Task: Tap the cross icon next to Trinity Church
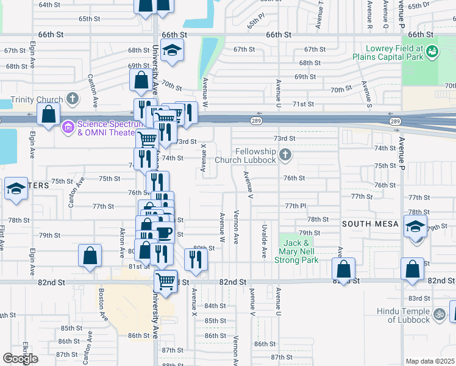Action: coord(73,99)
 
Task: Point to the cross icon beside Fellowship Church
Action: coord(285,156)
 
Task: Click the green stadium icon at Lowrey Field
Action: coord(432,52)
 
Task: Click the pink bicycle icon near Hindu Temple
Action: coord(440,315)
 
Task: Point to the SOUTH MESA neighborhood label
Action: coord(370,224)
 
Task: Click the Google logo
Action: coord(21,359)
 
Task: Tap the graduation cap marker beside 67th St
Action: coord(173,51)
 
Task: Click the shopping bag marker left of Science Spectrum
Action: coord(48,113)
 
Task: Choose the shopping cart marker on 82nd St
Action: coord(165,281)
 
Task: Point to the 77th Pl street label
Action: coord(294,206)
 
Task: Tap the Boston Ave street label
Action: coord(101,305)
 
